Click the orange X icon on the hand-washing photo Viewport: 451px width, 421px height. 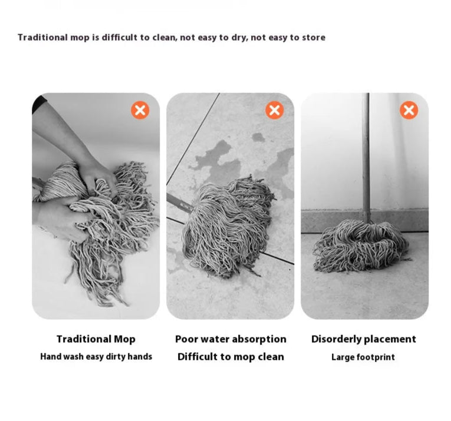140,110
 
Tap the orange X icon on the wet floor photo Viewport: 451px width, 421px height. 274,110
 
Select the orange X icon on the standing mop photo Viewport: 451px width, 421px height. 409,110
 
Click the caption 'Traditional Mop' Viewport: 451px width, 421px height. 96,339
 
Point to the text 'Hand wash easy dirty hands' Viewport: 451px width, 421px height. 96,357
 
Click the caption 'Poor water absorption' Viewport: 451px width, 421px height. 231,339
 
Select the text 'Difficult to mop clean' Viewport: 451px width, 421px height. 231,357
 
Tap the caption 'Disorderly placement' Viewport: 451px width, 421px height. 364,339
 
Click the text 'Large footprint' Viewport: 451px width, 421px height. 363,357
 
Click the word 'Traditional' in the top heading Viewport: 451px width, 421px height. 42,37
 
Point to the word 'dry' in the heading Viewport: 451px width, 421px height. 239,38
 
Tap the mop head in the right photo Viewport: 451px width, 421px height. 361,246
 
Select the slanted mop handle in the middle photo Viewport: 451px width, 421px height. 179,203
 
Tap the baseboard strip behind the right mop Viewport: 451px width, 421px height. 365,221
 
